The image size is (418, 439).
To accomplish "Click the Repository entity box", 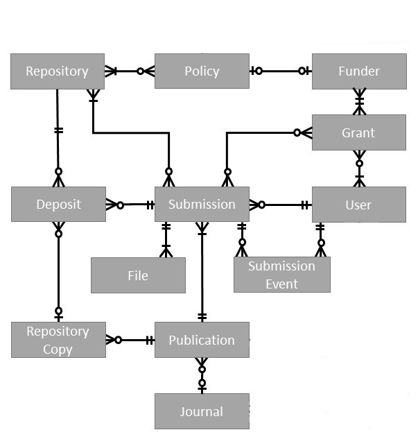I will pos(58,71).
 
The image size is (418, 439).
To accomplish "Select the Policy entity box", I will pos(202,71).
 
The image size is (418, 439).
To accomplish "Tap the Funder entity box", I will pos(358,71).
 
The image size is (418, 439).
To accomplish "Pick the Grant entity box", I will pos(358,132).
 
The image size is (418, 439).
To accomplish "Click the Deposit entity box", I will pos(58,205).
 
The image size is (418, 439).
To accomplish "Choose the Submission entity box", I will pos(202,205).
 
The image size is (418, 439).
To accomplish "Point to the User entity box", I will pos(358,205).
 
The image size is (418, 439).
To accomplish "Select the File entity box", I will pos(138,275).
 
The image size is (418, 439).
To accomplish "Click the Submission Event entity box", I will pos(281,275).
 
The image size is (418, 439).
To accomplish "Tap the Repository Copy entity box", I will pos(58,340).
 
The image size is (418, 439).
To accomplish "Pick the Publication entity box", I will pos(202,340).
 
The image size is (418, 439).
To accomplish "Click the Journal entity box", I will pos(202,411).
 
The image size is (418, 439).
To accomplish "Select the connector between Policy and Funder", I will pos(281,71).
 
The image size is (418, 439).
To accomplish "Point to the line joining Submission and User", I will pos(281,205).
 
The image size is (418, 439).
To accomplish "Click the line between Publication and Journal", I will pos(202,375).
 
